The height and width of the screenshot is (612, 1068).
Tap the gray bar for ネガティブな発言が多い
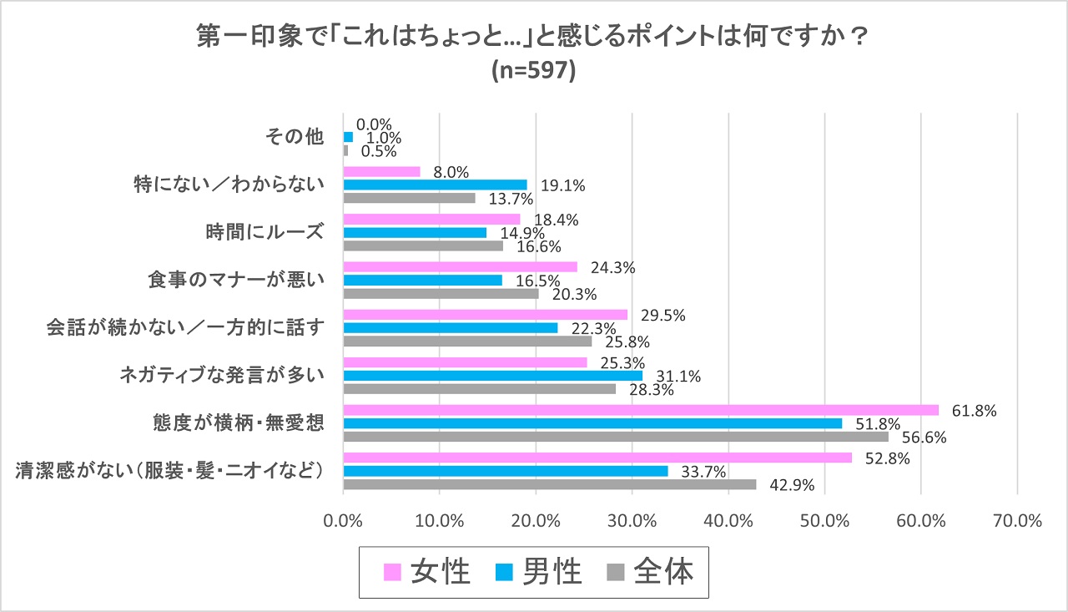click(480, 388)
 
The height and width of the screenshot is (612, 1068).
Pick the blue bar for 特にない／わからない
click(435, 185)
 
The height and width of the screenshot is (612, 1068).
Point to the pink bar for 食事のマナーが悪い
click(460, 267)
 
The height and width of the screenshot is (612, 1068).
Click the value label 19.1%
click(562, 185)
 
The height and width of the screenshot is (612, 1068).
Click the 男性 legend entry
click(538, 572)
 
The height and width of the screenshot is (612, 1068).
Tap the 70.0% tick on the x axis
click(1018, 520)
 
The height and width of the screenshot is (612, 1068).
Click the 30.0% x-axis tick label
click(632, 520)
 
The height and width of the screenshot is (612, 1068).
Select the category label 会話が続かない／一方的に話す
click(183, 326)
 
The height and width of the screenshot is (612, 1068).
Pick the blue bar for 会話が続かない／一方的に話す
click(451, 328)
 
